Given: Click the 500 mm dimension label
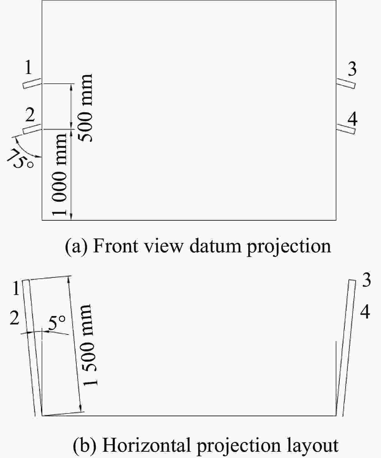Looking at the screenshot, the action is (86, 108).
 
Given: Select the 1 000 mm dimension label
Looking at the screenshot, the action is (59, 174).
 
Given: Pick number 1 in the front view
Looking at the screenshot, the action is (28, 68).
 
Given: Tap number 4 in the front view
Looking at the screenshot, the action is (353, 119).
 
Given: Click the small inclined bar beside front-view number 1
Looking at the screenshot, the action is (32, 83).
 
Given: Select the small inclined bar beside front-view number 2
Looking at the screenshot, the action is (32, 129).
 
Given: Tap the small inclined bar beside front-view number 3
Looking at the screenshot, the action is (346, 83).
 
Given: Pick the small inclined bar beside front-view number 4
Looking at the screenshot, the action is (346, 129).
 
